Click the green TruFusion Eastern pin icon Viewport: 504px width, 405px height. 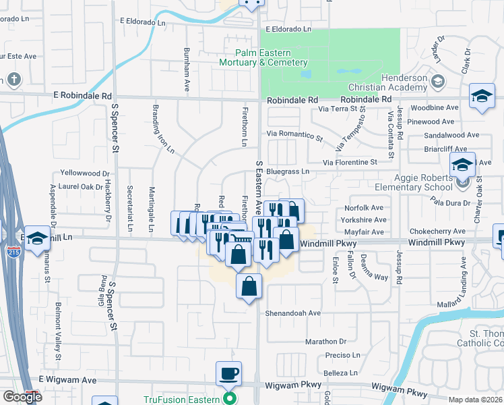[x=229, y=398]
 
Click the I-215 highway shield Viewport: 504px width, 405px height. [x=13, y=251]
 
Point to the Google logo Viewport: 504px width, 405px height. [x=22, y=397]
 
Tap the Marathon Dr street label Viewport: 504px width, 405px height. [x=325, y=342]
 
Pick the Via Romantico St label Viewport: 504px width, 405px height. [x=294, y=134]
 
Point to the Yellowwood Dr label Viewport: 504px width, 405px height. [x=84, y=173]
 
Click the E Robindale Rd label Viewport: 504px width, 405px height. [x=84, y=97]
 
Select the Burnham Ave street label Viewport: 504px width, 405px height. [x=187, y=69]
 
